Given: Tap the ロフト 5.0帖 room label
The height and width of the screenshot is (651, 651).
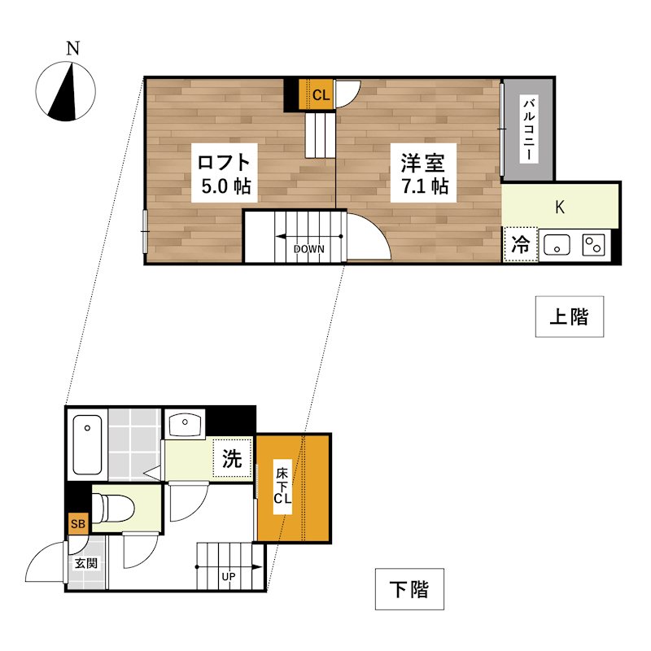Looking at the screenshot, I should point(225,172).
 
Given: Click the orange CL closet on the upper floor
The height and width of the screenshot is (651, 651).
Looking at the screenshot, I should point(320,94).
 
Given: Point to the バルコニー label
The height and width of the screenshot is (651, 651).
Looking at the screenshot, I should point(529,129).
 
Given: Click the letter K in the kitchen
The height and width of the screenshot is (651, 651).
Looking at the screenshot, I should point(560,207).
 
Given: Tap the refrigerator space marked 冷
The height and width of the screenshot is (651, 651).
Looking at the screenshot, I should point(520,244).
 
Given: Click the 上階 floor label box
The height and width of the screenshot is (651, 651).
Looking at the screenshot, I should point(570,317).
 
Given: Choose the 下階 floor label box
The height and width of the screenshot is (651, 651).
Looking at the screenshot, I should point(409,589).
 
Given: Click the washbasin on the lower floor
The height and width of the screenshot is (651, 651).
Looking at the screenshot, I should point(186,423).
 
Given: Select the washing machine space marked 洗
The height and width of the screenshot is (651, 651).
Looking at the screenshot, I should point(233,460).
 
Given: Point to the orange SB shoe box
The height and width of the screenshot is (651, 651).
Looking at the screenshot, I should point(78,523).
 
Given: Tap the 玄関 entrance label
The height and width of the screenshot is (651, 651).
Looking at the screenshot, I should point(86,563).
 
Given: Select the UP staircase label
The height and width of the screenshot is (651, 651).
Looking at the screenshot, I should point(229,578).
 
